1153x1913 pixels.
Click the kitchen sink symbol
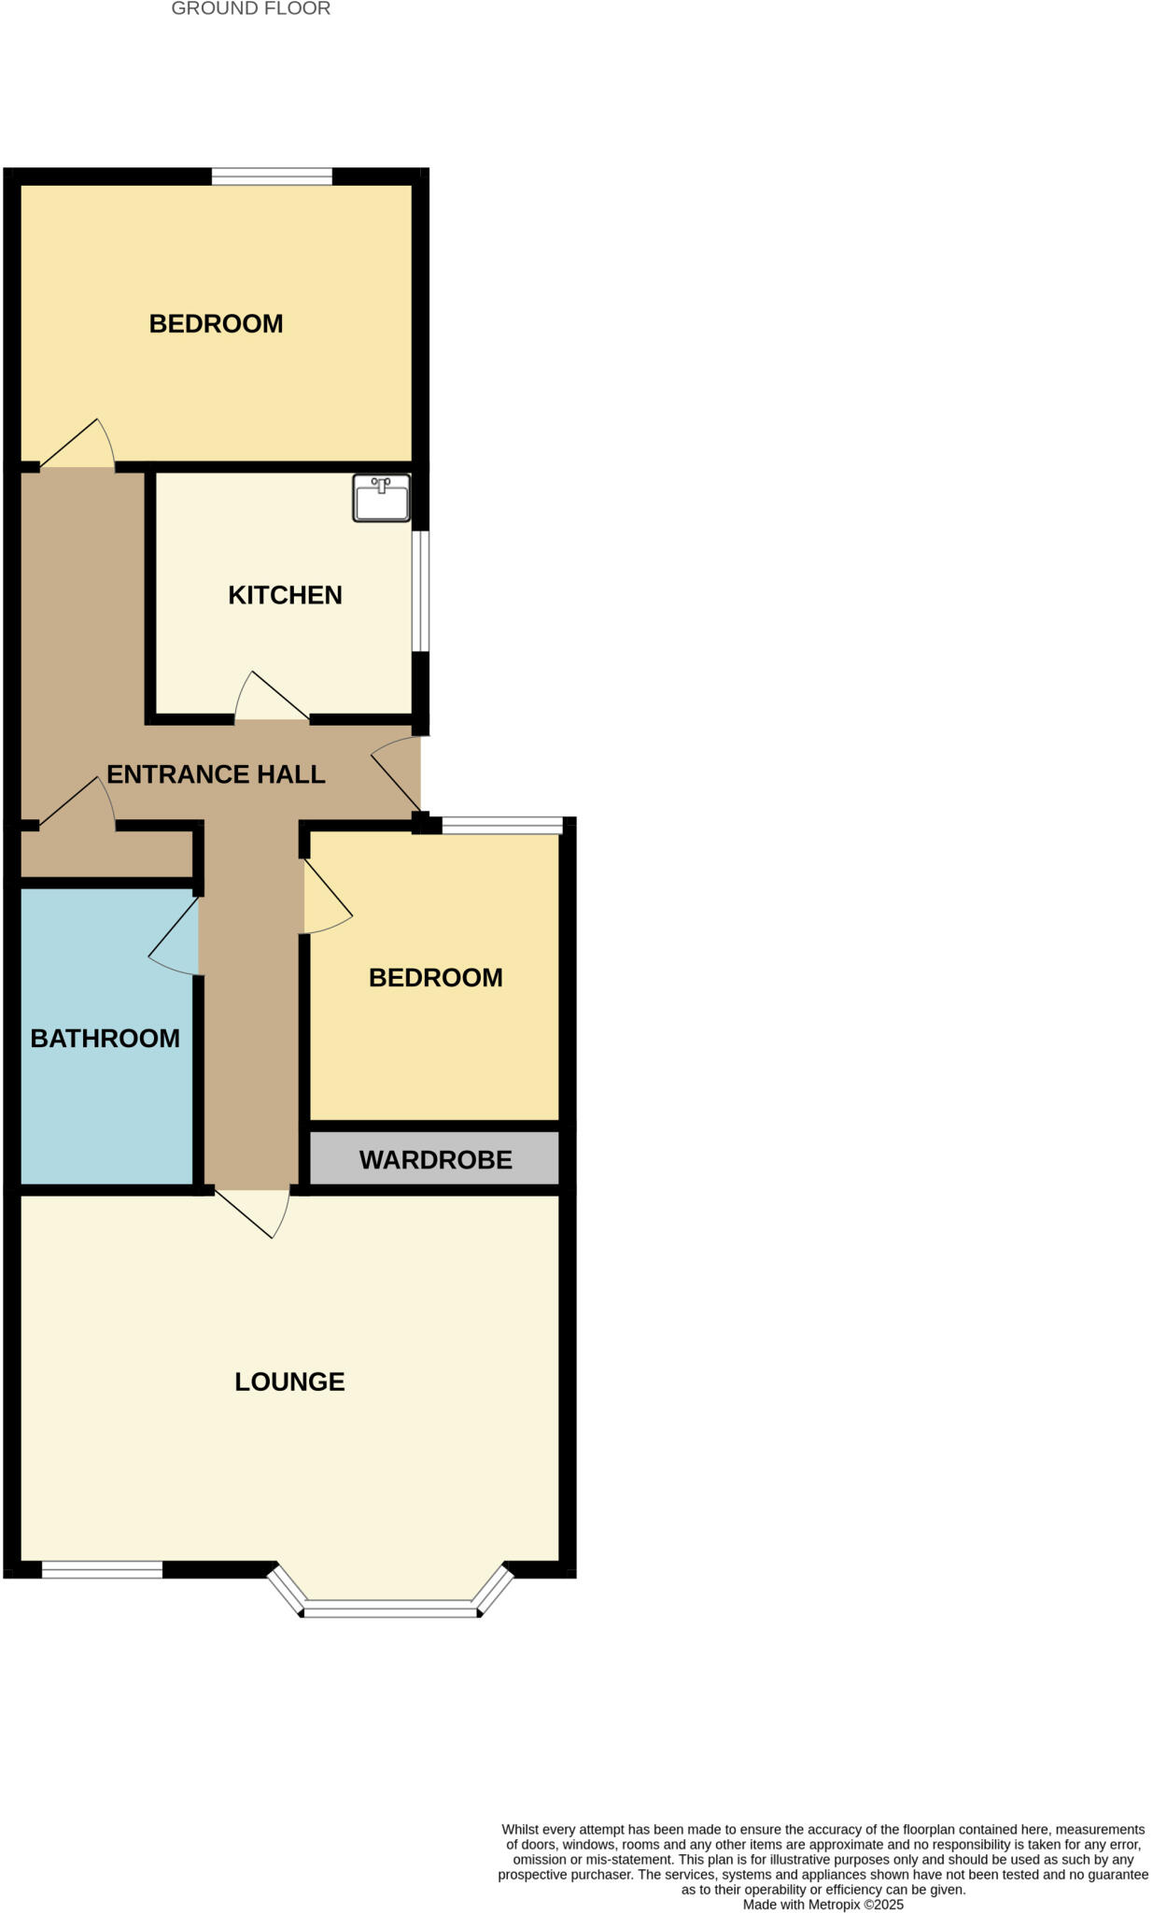pyautogui.click(x=381, y=497)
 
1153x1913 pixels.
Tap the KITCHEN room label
pyautogui.click(x=285, y=595)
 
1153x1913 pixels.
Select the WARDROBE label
pyautogui.click(x=435, y=1159)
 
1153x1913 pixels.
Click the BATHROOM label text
pyautogui.click(x=105, y=1038)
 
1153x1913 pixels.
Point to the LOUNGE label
pyautogui.click(x=289, y=1382)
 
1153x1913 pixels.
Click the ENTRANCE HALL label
pyautogui.click(x=216, y=773)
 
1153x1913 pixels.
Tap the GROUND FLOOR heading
pyautogui.click(x=250, y=9)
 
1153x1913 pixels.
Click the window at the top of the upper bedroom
pyautogui.click(x=272, y=176)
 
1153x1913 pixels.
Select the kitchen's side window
pyautogui.click(x=421, y=590)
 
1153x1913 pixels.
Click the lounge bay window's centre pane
pyautogui.click(x=391, y=1608)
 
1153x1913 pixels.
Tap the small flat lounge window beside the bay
pyautogui.click(x=103, y=1570)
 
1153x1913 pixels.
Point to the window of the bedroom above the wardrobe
pyautogui.click(x=502, y=825)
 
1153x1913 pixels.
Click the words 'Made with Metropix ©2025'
pyautogui.click(x=823, y=1905)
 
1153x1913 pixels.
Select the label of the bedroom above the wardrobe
pyautogui.click(x=435, y=977)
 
